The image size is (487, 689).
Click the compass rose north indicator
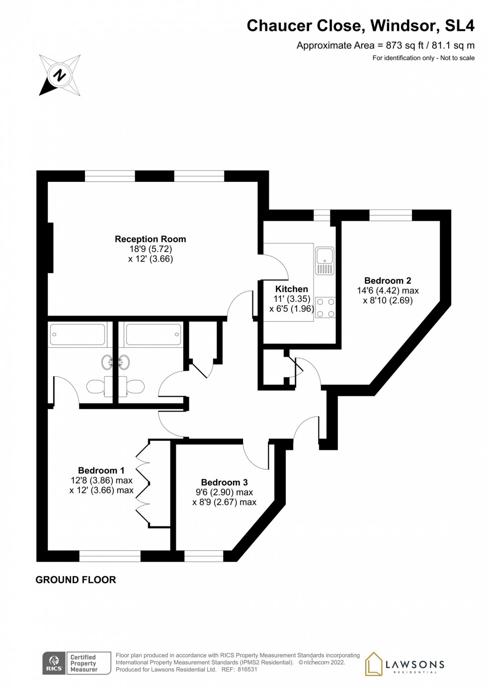tap(60, 76)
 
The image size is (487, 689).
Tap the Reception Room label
tap(150, 239)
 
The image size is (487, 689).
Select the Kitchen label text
tap(292, 289)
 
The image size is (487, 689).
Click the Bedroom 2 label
tap(388, 280)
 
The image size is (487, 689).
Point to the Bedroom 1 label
tap(101, 470)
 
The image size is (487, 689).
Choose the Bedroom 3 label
tap(224, 482)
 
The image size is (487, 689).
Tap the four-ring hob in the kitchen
tap(325, 308)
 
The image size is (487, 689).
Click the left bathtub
tap(78, 335)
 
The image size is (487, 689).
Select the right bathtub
tap(153, 335)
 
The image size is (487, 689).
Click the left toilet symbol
tap(95, 386)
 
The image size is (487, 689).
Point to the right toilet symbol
tap(135, 386)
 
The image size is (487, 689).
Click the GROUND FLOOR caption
tap(76, 580)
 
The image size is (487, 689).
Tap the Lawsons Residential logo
tap(405, 664)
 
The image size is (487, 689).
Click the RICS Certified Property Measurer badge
tap(77, 663)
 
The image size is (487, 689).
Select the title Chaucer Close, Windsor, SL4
tap(360, 26)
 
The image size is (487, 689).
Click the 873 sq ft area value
tap(405, 45)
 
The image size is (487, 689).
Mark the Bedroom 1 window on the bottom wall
tap(110, 556)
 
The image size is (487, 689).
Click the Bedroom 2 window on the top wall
tap(391, 215)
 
